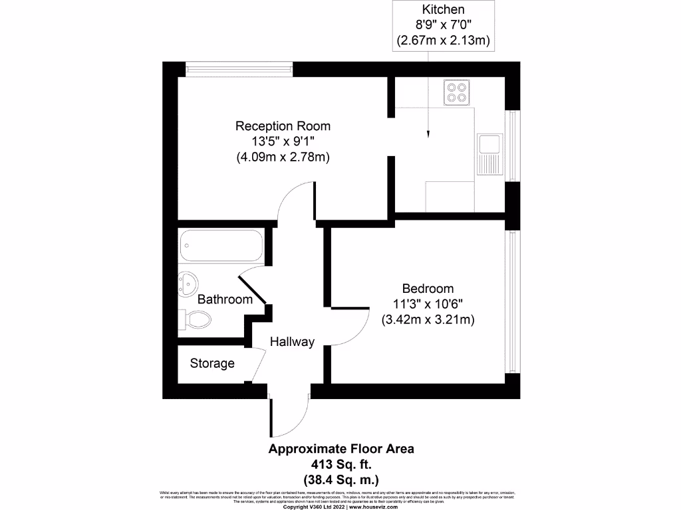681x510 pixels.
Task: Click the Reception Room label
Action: pyautogui.click(x=283, y=126)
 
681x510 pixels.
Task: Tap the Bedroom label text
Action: pyautogui.click(x=428, y=289)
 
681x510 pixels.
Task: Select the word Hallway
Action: pyautogui.click(x=292, y=342)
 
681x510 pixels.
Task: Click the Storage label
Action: pyautogui.click(x=212, y=363)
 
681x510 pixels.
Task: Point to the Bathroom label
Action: pyautogui.click(x=225, y=299)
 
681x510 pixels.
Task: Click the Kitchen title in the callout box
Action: pyautogui.click(x=444, y=10)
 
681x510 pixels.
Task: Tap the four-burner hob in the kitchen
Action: pyautogui.click(x=456, y=92)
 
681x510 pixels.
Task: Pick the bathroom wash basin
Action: pyautogui.click(x=189, y=285)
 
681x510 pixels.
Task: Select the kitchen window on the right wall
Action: pyautogui.click(x=513, y=145)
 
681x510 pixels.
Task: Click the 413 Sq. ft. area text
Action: pyautogui.click(x=340, y=464)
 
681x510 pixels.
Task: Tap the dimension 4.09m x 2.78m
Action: pyautogui.click(x=283, y=157)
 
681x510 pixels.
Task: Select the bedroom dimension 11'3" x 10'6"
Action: pyautogui.click(x=428, y=304)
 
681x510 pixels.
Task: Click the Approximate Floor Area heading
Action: pyautogui.click(x=340, y=449)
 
